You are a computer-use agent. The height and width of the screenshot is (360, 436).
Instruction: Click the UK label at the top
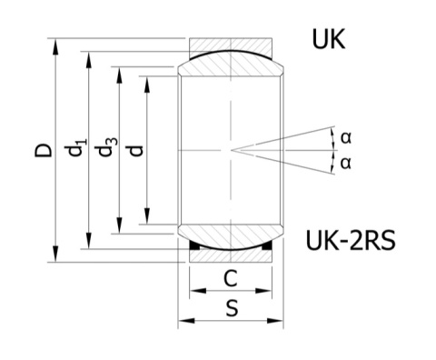coord(328,41)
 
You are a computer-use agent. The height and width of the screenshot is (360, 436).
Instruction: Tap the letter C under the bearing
coord(231,278)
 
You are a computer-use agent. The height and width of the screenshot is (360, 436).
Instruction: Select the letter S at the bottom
coord(231,308)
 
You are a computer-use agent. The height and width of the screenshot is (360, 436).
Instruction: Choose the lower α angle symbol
coord(345,163)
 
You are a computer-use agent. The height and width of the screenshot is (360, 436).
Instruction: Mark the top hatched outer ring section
coord(231,45)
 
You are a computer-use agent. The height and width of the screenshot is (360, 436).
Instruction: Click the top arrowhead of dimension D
coord(58,43)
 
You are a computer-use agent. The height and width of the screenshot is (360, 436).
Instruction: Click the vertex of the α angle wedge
coord(232,149)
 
